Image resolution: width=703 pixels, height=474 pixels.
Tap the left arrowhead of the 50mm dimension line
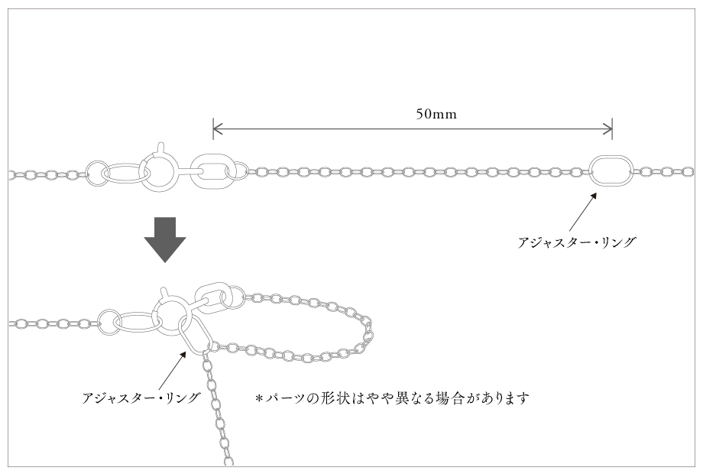(x=215, y=127)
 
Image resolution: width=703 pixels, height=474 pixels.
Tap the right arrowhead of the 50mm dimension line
(x=609, y=127)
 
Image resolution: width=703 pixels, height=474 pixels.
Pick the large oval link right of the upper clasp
(x=211, y=170)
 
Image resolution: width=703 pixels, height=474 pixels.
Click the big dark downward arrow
(x=164, y=239)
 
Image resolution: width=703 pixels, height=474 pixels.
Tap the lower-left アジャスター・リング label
(x=141, y=398)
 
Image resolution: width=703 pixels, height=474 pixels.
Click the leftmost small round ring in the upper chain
(x=96, y=173)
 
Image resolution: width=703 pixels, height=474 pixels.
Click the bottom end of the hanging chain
(x=228, y=460)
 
